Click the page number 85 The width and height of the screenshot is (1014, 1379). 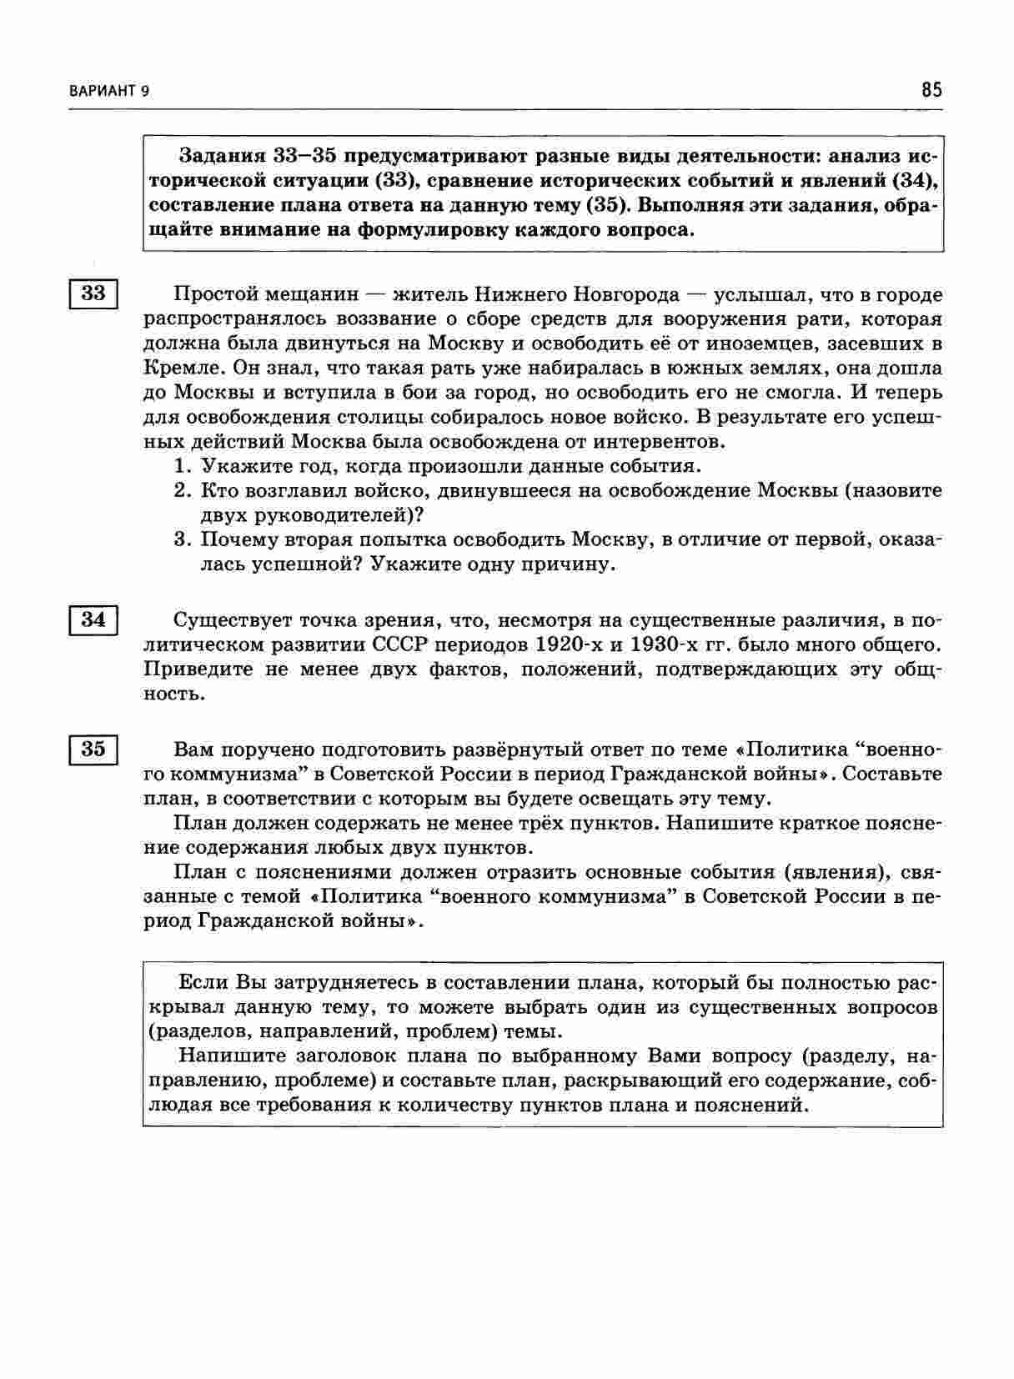coord(931,89)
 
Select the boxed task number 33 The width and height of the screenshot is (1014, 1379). coord(93,294)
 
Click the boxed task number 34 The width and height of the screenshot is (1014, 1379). coord(93,620)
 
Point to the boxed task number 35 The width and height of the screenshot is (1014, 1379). coord(93,749)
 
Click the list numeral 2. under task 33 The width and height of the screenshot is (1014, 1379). coord(183,490)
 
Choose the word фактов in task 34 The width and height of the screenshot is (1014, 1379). coord(469,669)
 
